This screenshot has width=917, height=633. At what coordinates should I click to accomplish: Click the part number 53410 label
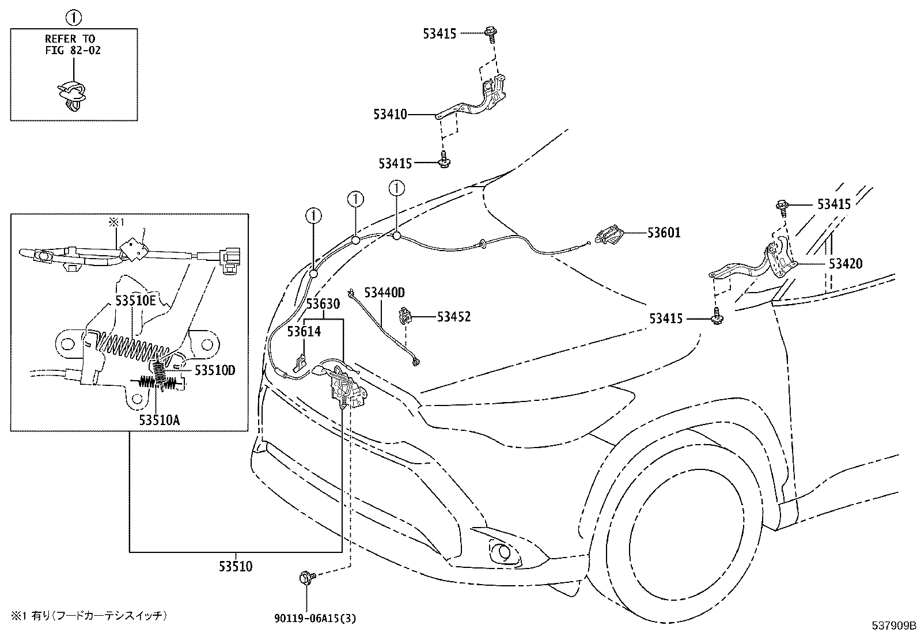coord(390,114)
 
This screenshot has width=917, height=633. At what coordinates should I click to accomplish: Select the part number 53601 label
coord(664,233)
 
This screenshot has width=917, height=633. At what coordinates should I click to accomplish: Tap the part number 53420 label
coord(846,263)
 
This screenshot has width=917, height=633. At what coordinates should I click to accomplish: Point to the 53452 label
coord(454,317)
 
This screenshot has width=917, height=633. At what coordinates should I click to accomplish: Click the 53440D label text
coord(384,293)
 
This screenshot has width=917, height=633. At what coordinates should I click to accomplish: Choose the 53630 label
coord(323,304)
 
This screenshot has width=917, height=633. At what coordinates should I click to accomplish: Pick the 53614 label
coord(304,331)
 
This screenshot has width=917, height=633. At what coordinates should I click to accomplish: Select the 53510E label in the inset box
coord(135,301)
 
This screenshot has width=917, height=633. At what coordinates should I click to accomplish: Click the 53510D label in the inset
coord(215,370)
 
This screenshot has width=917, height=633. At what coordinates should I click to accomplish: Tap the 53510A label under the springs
coord(159,420)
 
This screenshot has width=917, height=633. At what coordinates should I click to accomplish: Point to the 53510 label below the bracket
coord(236,567)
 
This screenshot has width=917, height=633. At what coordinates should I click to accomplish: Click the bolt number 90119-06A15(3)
coord(315,618)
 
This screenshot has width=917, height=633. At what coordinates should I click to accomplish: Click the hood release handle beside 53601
coord(609,236)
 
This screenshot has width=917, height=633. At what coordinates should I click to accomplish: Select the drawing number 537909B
coord(893,625)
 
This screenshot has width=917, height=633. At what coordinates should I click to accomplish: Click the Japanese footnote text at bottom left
coord(89,615)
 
